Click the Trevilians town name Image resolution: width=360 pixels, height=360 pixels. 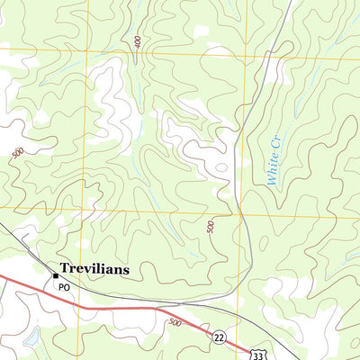pos(94,268)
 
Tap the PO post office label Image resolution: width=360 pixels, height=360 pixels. pos(64,287)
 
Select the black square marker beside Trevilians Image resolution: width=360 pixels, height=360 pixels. pos(55,268)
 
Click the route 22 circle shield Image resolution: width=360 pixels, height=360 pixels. pos(219,336)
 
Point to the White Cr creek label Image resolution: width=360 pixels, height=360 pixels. pos(274,160)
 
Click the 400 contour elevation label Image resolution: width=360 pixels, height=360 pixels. pos(137,42)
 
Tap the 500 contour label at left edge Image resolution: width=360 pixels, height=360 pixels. pos(18,155)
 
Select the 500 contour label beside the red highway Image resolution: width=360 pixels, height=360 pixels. pos(174,321)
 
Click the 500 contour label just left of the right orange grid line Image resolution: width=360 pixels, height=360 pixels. pos(211,225)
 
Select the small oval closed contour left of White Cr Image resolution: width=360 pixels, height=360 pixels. pos(219,167)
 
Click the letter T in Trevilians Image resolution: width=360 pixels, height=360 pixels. pos(65,268)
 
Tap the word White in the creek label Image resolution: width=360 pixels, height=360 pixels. pos(274,171)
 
